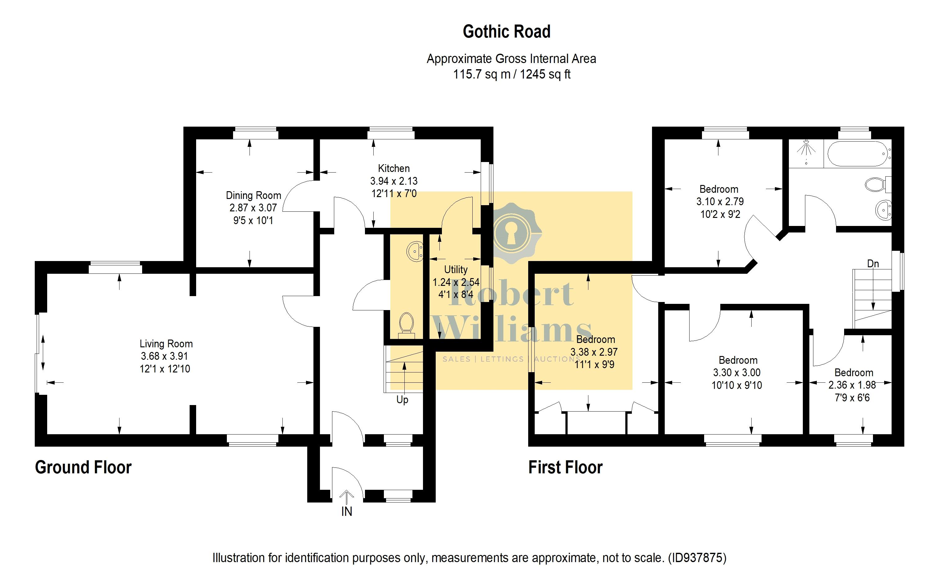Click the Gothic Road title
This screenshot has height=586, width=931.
pos(506,32)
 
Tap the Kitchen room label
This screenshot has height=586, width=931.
pos(394,168)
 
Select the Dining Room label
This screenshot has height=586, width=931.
pos(253,195)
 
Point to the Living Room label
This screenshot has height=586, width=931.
pos(166,344)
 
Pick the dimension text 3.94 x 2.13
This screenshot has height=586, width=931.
pos(394,181)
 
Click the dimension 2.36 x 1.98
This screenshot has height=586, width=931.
pos(852,385)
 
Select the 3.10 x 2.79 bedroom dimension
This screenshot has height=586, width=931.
pos(720,201)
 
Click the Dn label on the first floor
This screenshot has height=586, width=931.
pos(873,264)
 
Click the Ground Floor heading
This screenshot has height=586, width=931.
pos(83,467)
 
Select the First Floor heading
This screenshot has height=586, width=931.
pos(565,467)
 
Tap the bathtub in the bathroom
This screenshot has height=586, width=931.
pos(857,154)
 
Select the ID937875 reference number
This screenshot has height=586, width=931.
pos(697,558)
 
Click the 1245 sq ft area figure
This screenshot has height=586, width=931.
pos(545,74)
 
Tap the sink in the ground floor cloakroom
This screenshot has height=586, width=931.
pos(415,252)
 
